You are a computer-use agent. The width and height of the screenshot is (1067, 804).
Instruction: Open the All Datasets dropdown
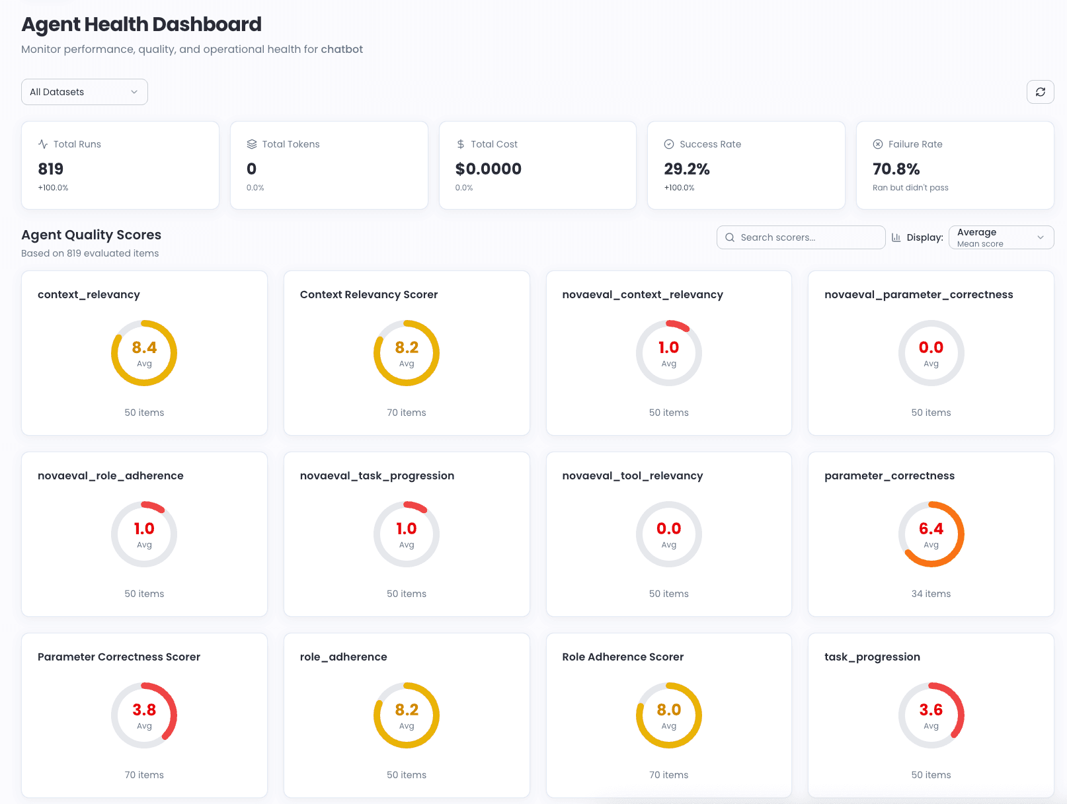coord(84,92)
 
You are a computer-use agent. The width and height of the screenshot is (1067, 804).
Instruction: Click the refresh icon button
coord(1040,92)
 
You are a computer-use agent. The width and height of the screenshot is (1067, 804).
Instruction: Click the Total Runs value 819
coord(51,169)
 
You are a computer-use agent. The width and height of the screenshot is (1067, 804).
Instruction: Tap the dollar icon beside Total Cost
coord(461,144)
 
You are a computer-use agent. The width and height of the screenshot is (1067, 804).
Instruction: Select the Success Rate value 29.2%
coord(687,169)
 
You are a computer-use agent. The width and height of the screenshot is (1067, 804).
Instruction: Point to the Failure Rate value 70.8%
coord(896,169)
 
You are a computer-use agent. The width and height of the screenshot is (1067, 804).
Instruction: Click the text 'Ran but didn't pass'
coord(910,188)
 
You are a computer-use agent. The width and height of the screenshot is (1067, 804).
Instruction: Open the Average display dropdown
coord(1001,237)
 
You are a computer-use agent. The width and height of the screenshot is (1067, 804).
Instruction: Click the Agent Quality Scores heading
coord(91,235)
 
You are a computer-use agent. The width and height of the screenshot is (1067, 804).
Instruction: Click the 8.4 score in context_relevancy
coord(144,348)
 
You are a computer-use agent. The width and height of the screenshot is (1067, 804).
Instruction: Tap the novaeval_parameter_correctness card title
coord(918,295)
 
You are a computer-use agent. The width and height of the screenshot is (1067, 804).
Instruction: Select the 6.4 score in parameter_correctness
coord(931,529)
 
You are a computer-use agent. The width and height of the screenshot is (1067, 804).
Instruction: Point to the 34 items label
coord(931,594)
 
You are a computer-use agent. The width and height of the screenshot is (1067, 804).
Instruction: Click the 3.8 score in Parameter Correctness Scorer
coord(144,710)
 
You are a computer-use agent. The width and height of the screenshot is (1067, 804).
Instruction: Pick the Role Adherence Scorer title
coord(623,657)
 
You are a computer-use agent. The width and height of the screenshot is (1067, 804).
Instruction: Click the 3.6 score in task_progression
coord(931,710)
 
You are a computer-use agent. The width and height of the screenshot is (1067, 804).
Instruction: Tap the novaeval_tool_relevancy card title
coord(632,476)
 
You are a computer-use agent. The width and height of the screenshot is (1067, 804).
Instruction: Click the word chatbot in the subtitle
coord(342,50)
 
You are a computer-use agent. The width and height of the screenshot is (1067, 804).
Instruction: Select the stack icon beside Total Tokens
coord(252,144)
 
